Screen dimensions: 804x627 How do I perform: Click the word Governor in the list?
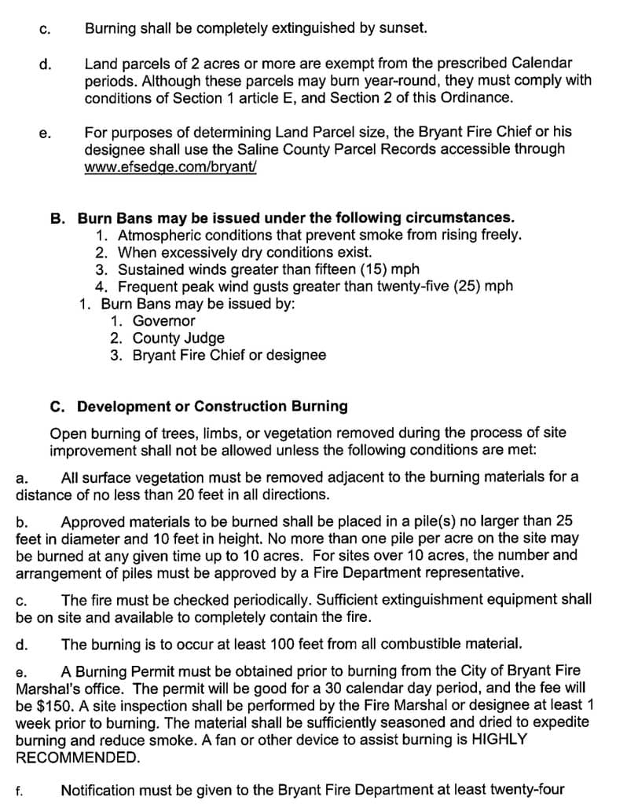163,321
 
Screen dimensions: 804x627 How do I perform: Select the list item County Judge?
178,338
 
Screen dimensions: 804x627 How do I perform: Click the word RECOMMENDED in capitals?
77,758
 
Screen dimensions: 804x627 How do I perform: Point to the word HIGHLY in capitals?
500,740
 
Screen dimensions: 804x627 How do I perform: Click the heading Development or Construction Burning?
212,407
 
